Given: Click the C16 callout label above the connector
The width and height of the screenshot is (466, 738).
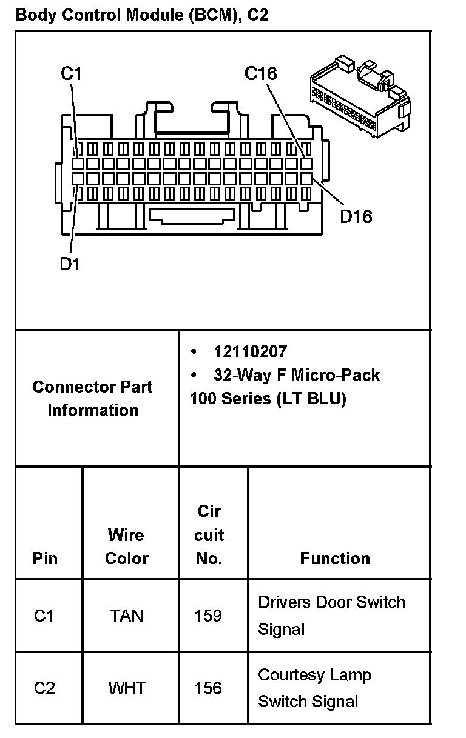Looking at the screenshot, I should pos(260,74).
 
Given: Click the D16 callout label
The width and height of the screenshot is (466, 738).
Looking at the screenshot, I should pos(356,216).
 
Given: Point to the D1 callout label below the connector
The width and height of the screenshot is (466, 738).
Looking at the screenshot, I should pos(70,264).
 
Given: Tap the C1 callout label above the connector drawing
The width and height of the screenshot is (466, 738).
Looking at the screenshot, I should pos(70,74).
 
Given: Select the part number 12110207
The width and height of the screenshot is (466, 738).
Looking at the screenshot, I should pos(250,351).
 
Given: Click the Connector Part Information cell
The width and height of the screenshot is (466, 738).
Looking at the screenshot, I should pos(93,398).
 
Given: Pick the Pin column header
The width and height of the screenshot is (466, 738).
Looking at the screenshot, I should pos(46,558).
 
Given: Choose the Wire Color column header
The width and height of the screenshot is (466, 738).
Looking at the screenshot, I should pos(127,547).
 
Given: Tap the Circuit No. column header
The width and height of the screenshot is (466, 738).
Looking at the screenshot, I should pos(209,535).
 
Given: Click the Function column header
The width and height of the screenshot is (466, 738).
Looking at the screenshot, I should pos(335,558).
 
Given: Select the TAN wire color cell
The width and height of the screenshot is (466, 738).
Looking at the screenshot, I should pos(127,616).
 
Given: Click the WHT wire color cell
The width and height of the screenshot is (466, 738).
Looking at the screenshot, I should pos(127,688).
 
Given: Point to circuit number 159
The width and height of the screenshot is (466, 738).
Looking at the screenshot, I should pos(208,616).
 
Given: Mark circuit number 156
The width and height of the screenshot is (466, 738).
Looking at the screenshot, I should pos(208,688).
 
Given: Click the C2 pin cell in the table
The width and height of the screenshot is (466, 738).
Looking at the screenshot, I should pos(44,688).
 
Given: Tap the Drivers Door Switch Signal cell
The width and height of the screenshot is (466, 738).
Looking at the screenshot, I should pos(331,615).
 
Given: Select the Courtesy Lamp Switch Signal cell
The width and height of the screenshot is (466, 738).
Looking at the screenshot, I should pos(314,688).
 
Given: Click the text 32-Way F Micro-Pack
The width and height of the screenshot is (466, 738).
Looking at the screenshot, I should pos(297,375).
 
